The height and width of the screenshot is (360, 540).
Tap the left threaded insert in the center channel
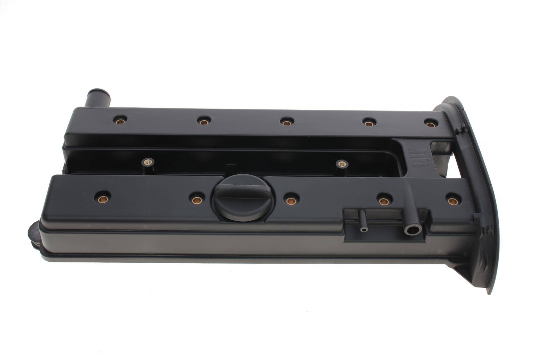click(x=148, y=162)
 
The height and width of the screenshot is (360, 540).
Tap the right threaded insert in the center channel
click(x=341, y=163)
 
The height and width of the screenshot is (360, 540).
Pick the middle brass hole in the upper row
click(x=286, y=123)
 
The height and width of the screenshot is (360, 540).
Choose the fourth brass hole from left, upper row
click(x=369, y=123)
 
